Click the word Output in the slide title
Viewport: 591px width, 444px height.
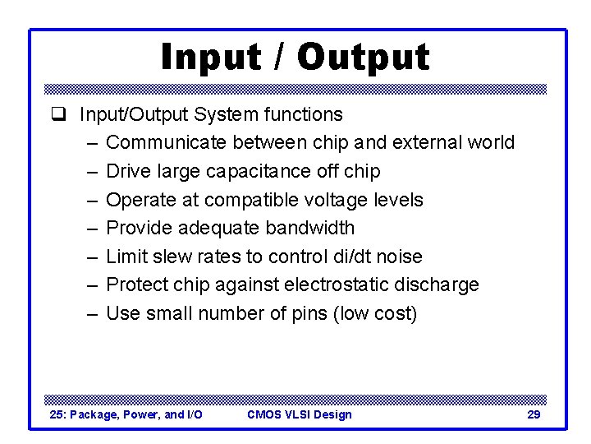(363, 58)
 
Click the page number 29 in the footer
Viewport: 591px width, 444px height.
(533, 414)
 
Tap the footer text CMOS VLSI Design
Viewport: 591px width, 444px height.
(299, 414)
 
